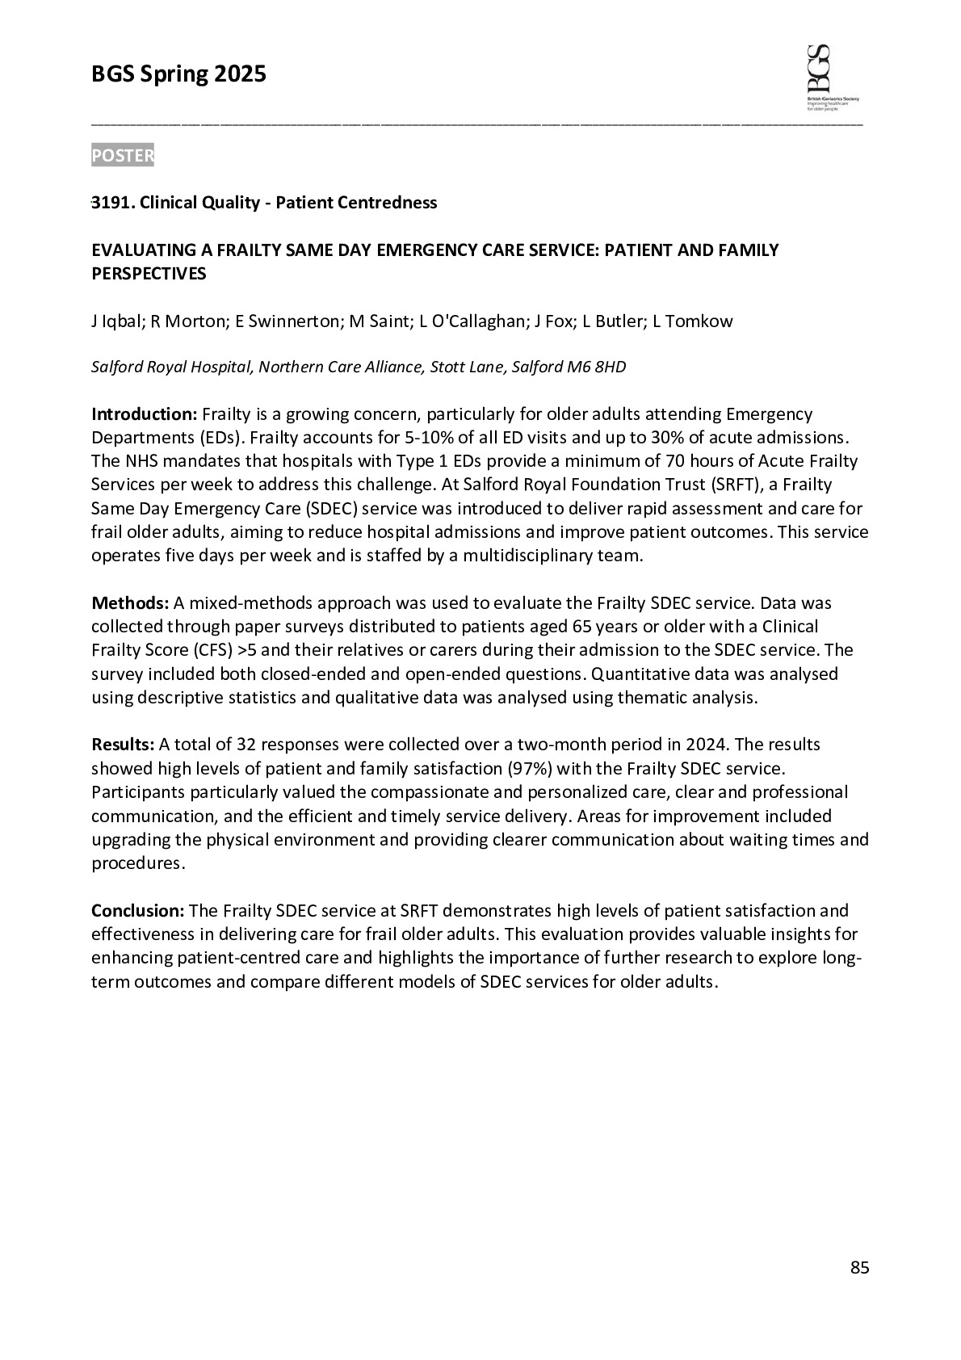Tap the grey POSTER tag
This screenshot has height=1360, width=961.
pos(123,156)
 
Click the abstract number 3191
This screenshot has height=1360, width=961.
pos(111,203)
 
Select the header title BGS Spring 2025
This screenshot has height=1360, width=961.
pos(178,74)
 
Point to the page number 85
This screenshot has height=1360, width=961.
pos(859,1268)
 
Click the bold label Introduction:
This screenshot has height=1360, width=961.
pos(144,414)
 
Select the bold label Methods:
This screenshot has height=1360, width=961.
pos(130,603)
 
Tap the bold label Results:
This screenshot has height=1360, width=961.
pos(123,744)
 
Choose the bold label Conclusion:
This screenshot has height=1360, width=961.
pos(139,911)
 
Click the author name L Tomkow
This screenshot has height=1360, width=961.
pos(693,321)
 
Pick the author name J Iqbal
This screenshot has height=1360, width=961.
pos(115,321)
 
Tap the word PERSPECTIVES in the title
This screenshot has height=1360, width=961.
pos(149,274)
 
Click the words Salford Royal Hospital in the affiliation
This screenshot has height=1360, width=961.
pos(173,367)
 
